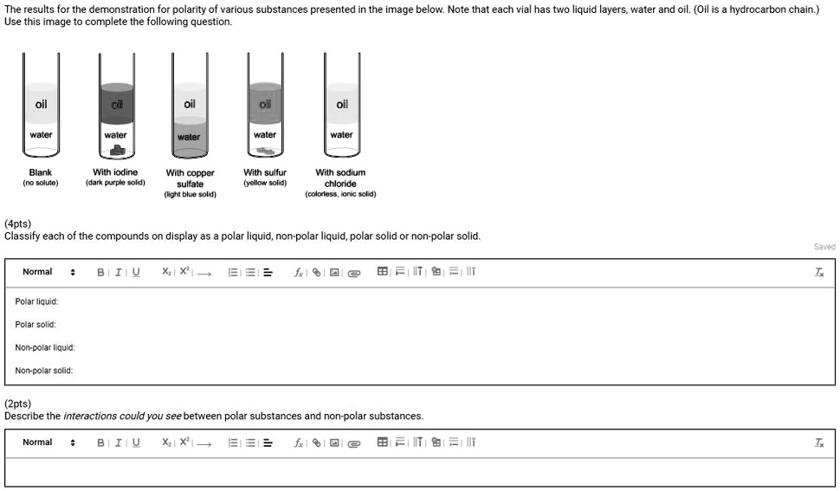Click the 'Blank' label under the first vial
pyautogui.click(x=41, y=172)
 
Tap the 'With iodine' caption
pyautogui.click(x=115, y=172)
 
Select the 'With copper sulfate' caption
pyautogui.click(x=190, y=178)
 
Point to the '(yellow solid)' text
pyautogui.click(x=265, y=184)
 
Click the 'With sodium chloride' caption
pyautogui.click(x=340, y=178)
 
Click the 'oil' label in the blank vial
pyautogui.click(x=41, y=105)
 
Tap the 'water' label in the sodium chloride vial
pyautogui.click(x=341, y=135)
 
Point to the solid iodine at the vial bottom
pyautogui.click(x=115, y=151)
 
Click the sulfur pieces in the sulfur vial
pyautogui.click(x=264, y=151)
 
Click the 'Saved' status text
pyautogui.click(x=824, y=247)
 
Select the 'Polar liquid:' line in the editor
pyautogui.click(x=36, y=302)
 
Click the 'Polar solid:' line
pyautogui.click(x=36, y=325)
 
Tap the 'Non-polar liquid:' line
pyautogui.click(x=45, y=348)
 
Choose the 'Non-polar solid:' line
pyautogui.click(x=44, y=371)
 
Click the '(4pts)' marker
pyautogui.click(x=17, y=223)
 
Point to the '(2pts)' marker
pyautogui.click(x=17, y=404)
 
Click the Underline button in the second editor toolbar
pyautogui.click(x=136, y=443)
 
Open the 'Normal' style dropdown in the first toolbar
pyautogui.click(x=48, y=272)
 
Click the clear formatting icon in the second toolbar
pyautogui.click(x=819, y=443)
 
